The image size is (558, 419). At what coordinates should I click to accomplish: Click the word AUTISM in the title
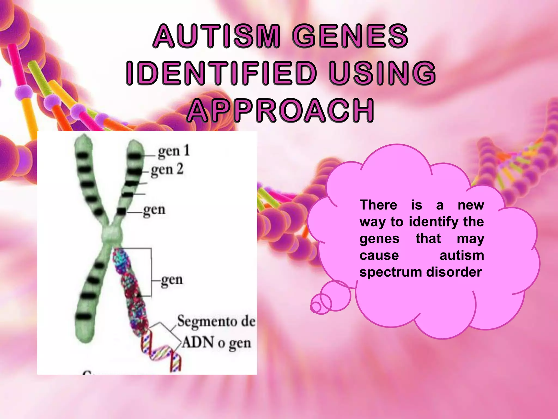tap(217, 36)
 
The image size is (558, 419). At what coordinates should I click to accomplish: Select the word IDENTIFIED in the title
tap(221, 73)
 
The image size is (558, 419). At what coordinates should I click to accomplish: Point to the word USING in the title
tap(382, 73)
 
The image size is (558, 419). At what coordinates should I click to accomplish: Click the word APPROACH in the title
tap(281, 110)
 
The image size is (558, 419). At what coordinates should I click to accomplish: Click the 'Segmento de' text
tap(217, 321)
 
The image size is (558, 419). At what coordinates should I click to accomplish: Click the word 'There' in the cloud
tap(378, 205)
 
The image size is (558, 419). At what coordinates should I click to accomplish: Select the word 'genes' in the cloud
tap(380, 239)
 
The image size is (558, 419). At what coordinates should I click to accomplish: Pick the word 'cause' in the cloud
tap(379, 256)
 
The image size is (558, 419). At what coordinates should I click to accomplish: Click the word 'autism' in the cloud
tap(462, 256)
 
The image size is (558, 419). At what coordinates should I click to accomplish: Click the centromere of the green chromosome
tap(111, 234)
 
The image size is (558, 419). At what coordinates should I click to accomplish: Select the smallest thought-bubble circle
tap(316, 307)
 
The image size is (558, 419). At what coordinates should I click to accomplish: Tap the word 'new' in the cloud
tap(471, 205)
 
